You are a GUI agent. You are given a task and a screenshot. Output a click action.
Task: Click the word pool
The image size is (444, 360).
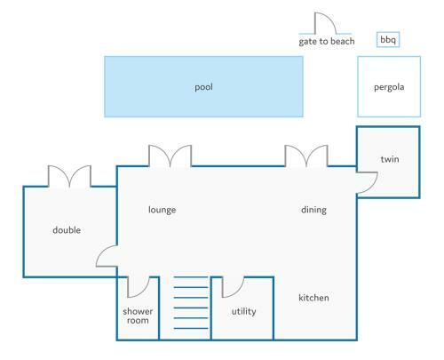(x=203, y=87)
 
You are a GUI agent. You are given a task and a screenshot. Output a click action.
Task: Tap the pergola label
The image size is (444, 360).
(x=389, y=87)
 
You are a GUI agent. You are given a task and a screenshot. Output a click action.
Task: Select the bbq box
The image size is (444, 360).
(x=388, y=39)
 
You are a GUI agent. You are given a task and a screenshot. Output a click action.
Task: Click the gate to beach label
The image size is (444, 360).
(x=327, y=42)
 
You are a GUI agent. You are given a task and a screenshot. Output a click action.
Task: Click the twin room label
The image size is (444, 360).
(x=390, y=159)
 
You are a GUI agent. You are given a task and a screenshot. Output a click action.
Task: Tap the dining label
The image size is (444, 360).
(x=313, y=210)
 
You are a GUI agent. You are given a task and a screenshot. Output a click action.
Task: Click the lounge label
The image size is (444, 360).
(x=163, y=210)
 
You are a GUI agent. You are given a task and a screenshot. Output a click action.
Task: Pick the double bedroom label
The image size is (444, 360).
(x=67, y=230)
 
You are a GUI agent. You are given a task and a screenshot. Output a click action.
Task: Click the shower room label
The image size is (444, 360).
(x=138, y=316)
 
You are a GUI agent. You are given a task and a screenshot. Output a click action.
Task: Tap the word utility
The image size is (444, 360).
(x=243, y=311)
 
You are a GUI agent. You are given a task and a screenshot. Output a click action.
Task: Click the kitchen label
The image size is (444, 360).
(x=313, y=298)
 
